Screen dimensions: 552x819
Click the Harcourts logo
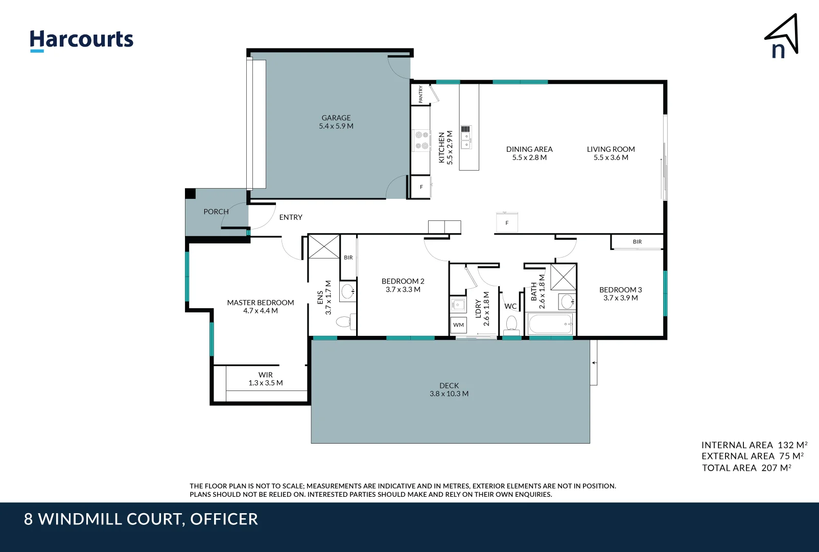coord(81,40)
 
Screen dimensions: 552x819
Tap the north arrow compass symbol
coord(782,37)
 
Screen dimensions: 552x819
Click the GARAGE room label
coord(336,118)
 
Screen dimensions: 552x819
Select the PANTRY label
coord(420,95)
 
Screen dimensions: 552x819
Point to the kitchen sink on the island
coord(466,137)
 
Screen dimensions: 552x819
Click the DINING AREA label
coord(529,149)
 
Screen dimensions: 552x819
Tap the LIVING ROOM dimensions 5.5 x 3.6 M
coord(611,157)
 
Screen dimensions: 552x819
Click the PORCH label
coord(216,212)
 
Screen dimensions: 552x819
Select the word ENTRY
coord(291,217)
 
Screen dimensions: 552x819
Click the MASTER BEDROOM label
coord(261,303)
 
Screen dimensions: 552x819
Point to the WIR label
coord(265,375)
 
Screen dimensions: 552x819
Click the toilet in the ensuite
coord(344,321)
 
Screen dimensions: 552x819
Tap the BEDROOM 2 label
coord(403,281)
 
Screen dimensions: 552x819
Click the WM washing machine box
coord(458,325)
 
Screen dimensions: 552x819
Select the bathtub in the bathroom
coord(550,324)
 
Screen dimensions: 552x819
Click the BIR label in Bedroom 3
coord(637,242)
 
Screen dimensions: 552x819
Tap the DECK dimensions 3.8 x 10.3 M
coord(449,394)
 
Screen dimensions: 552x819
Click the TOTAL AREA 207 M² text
coord(746,468)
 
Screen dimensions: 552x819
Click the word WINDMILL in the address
coord(110,519)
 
